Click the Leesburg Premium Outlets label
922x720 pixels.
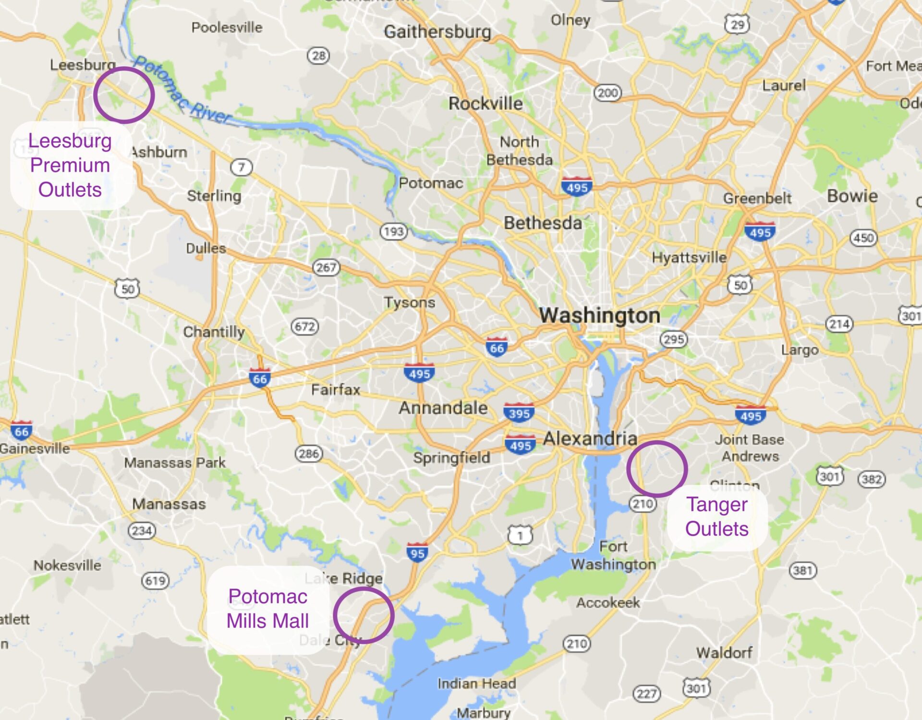point(70,165)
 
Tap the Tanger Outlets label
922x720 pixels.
point(716,516)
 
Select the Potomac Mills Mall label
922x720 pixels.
point(267,609)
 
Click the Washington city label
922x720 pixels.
point(599,315)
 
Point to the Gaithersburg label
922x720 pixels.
point(437,32)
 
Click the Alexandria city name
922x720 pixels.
point(590,438)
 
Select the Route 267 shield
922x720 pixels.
point(326,267)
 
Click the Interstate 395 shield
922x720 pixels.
point(519,413)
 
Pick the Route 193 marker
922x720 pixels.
point(394,231)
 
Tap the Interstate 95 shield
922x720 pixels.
point(417,552)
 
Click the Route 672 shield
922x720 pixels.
point(305,327)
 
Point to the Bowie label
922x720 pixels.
point(852,196)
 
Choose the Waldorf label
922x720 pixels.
point(724,652)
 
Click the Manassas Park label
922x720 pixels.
point(175,463)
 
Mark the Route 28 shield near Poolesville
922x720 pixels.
point(318,56)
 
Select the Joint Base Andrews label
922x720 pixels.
point(750,447)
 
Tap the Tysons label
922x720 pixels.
point(409,302)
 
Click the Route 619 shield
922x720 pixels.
point(155,581)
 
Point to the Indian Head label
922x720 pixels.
point(476,683)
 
